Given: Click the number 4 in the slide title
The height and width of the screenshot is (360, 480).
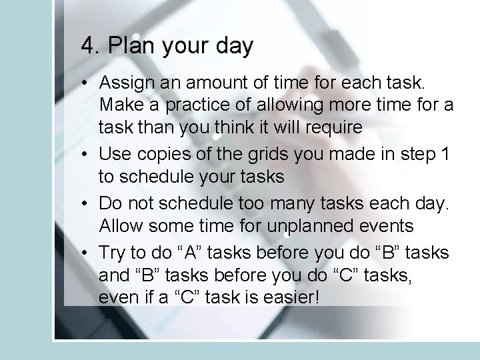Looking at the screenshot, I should [87, 46].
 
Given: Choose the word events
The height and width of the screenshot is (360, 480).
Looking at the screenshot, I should [390, 225].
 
